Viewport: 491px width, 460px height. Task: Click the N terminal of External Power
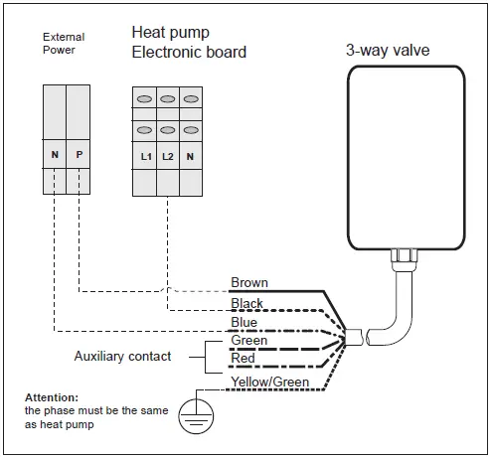(55, 156)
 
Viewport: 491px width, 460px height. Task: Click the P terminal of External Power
(78, 156)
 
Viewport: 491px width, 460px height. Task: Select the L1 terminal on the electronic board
(144, 156)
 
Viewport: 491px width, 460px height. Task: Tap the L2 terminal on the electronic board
(167, 156)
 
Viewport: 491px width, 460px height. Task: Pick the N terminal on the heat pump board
(190, 156)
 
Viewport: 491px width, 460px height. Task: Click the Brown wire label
(248, 283)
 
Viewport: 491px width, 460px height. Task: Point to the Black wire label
(246, 303)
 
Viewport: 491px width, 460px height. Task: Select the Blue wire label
(244, 322)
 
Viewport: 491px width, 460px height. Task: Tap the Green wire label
(247, 341)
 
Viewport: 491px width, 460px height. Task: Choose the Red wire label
(243, 359)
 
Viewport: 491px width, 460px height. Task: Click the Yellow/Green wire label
(269, 382)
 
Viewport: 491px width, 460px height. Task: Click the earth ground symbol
(197, 417)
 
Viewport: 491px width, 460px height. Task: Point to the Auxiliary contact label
(122, 356)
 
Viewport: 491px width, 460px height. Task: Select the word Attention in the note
(51, 396)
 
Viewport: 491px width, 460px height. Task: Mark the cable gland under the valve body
(406, 259)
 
